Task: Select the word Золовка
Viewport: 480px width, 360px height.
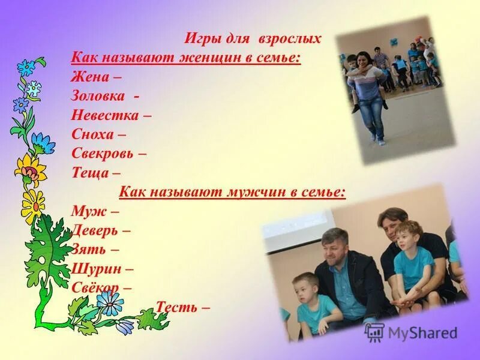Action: [98, 96]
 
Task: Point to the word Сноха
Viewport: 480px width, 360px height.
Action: [91, 134]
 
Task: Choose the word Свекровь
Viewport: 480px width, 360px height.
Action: [103, 153]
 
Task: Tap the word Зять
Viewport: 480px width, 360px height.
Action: [88, 249]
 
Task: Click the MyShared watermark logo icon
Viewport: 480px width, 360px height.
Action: [374, 332]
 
